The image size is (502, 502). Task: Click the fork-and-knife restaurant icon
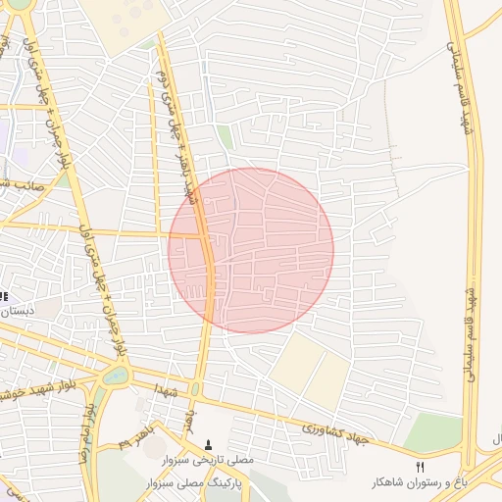pyautogui.click(x=422, y=466)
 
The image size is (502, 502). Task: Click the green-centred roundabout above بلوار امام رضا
pyautogui.click(x=116, y=374)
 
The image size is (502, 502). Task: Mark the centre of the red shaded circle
pyautogui.click(x=251, y=250)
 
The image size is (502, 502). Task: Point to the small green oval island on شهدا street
pyautogui.click(x=194, y=389)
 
